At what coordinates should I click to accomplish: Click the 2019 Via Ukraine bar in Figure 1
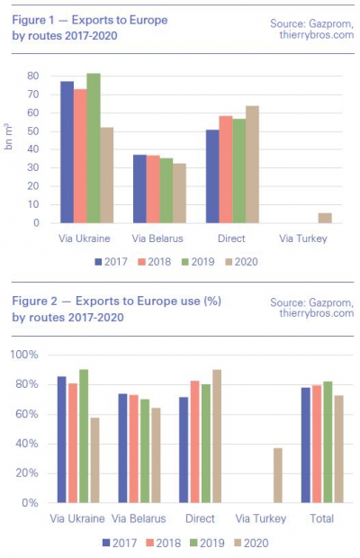pos(94,148)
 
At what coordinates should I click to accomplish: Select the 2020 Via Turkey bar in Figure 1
pos(325,218)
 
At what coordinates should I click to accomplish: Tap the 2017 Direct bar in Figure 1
pos(212,176)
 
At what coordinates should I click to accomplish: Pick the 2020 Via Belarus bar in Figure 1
pos(180,193)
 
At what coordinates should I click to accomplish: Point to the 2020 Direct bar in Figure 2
pos(217,436)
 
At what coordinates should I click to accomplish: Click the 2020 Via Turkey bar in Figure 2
pos(278,475)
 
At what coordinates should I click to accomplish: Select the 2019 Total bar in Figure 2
pos(328,442)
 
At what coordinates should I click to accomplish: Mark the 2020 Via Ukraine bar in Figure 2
pos(95,460)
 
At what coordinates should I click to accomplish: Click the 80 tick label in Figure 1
pos(32,76)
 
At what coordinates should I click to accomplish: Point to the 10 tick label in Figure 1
pos(33,204)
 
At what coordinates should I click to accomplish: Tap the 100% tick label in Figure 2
pos(24,355)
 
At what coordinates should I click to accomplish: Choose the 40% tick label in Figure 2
pos(27,444)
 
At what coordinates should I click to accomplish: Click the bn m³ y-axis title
pos(8,136)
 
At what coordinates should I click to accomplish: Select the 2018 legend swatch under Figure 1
pos(141,262)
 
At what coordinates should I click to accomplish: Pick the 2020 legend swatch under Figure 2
pos(238,543)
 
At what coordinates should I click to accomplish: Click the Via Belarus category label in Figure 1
pos(157,238)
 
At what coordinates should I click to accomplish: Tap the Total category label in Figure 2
pos(322,518)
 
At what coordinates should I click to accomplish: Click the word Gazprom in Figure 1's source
pos(331,23)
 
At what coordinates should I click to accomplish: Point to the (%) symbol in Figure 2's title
pos(212,301)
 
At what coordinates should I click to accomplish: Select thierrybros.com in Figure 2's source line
pos(317,313)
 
